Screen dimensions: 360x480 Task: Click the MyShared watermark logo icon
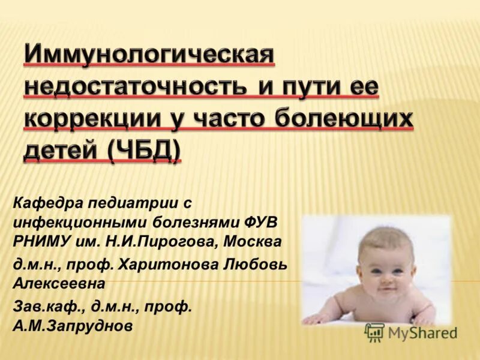[374, 332]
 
